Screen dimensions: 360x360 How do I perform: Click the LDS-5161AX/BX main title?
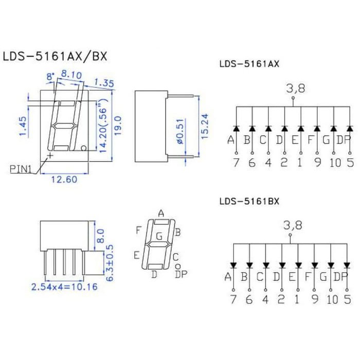point(55,57)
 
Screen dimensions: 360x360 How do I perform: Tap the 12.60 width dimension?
point(64,179)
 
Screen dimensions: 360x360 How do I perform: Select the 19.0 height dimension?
point(118,125)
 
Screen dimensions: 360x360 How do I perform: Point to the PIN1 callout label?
point(21,169)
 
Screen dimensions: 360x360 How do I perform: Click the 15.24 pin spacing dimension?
point(205,126)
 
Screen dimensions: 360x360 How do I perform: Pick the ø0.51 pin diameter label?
point(181,131)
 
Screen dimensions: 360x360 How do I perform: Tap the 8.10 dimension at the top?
point(71,75)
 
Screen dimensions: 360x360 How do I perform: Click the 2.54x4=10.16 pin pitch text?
point(64,287)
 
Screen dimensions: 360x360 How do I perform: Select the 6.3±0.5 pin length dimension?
point(110,263)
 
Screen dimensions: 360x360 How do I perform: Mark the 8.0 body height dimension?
point(101,236)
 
